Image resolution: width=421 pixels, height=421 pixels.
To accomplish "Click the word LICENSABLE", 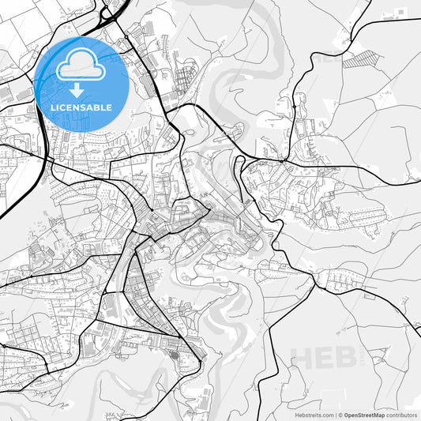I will (81, 107).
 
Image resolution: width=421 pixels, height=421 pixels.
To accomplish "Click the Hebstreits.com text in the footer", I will (309, 414).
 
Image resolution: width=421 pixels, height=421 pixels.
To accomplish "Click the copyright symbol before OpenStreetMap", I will (340, 414).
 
